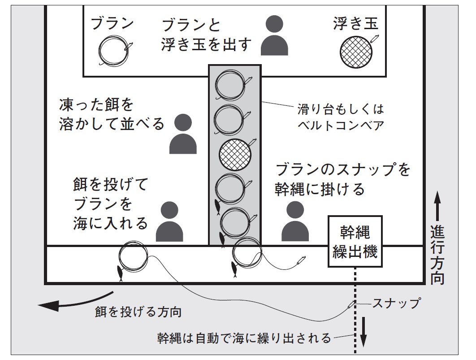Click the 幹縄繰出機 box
tap(354, 242)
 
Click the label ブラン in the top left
tap(112, 24)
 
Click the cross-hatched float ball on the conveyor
tap(234, 153)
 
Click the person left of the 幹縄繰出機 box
tap(295, 221)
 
